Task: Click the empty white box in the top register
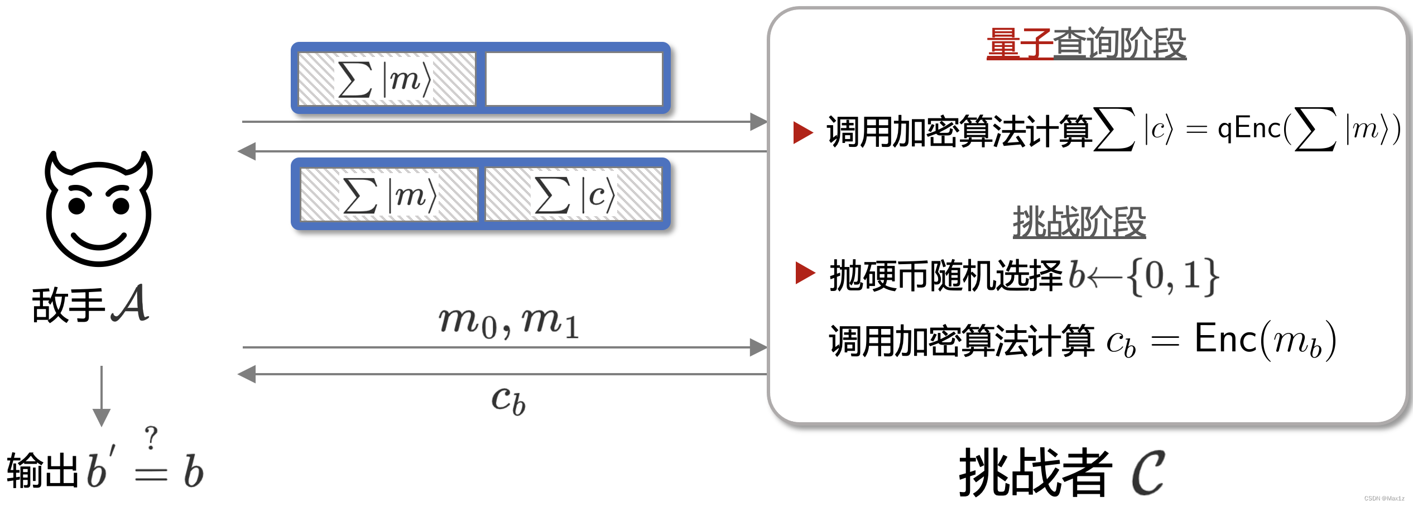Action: tap(574, 79)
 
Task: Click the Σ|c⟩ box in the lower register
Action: tap(574, 195)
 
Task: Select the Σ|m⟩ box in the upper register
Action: tap(387, 79)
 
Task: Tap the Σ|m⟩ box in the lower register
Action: tap(389, 195)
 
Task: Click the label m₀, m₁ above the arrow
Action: tap(508, 322)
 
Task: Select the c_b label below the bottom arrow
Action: tap(508, 400)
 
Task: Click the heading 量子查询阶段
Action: tap(1086, 44)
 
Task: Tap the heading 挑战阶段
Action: tap(1079, 222)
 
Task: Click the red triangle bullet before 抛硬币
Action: tap(805, 273)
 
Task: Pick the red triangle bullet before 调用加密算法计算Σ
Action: tap(803, 132)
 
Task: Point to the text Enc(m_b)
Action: tap(1265, 340)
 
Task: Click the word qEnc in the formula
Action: tap(1249, 129)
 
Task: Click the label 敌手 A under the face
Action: tap(91, 304)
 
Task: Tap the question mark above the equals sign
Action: tap(151, 437)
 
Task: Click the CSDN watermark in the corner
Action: tap(1384, 498)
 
